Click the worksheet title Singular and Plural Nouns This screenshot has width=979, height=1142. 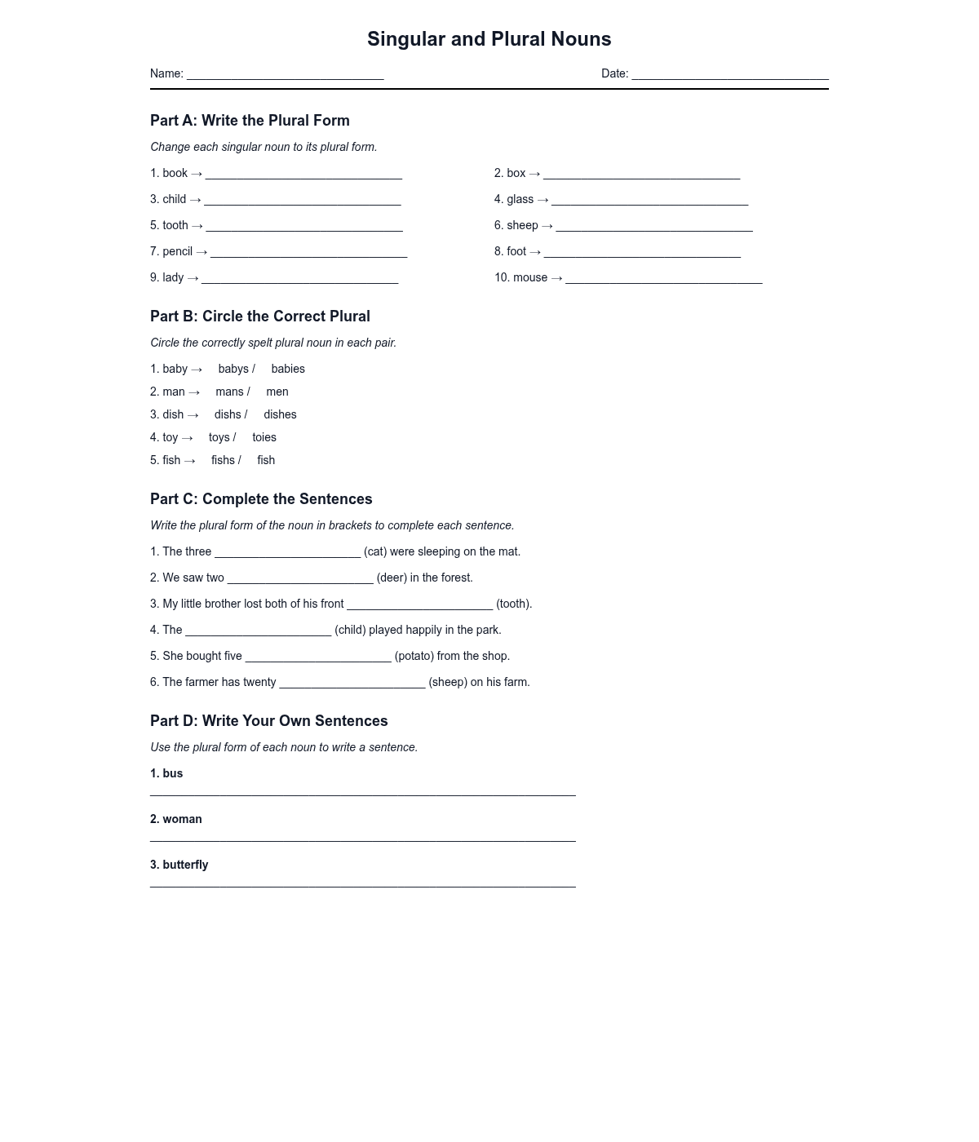[489, 39]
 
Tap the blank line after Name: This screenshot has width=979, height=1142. [285, 75]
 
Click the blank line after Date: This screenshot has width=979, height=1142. [730, 75]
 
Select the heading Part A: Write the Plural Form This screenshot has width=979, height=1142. [250, 121]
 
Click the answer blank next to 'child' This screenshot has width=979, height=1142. [302, 201]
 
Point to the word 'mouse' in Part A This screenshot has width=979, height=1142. [530, 278]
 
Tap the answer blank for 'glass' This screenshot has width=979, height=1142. [649, 201]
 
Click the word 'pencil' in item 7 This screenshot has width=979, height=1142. [177, 252]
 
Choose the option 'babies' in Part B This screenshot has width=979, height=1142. [288, 370]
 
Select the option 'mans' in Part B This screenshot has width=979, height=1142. [229, 392]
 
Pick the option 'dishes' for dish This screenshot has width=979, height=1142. [280, 415]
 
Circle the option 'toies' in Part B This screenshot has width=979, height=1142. [264, 438]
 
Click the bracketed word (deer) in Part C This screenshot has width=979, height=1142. [392, 578]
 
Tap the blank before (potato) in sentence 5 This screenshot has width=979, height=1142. [318, 658]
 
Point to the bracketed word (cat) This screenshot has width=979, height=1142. [375, 552]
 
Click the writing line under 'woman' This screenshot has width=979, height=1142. [363, 839]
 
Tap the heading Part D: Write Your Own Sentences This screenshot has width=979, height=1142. [268, 721]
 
